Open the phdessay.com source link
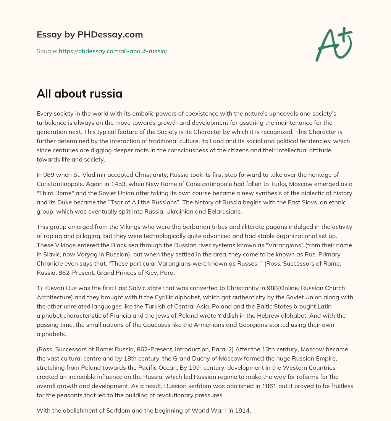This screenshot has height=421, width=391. pos(113,51)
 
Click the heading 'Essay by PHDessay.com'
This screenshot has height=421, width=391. pos(90,35)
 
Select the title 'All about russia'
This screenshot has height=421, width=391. pos(79,94)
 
